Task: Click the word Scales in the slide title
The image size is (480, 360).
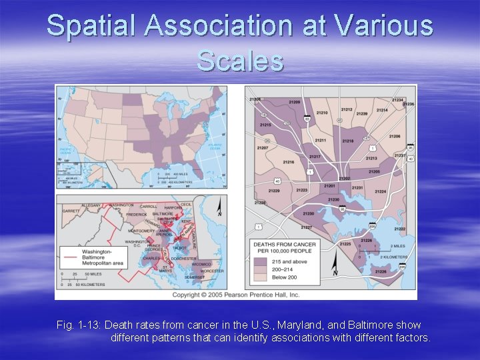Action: pyautogui.click(x=240, y=61)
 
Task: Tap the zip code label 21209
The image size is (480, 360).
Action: pyautogui.click(x=295, y=102)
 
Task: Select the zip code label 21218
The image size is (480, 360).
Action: pyautogui.click(x=348, y=141)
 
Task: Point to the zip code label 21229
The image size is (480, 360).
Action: pyautogui.click(x=274, y=191)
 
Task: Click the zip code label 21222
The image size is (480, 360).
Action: pyautogui.click(x=399, y=229)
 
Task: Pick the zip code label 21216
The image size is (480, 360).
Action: pyautogui.click(x=289, y=162)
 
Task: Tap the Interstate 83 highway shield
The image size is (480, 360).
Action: pyautogui.click(x=307, y=119)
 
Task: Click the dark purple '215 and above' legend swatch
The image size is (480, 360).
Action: pyautogui.click(x=262, y=262)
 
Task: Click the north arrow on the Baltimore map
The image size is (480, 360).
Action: pyautogui.click(x=335, y=270)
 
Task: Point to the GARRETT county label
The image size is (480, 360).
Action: pyautogui.click(x=71, y=211)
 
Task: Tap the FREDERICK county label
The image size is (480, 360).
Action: pyautogui.click(x=137, y=215)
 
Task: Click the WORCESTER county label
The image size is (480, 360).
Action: pyautogui.click(x=213, y=271)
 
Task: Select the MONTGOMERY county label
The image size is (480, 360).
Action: pyautogui.click(x=141, y=231)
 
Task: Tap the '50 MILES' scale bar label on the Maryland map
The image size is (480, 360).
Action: pyautogui.click(x=92, y=274)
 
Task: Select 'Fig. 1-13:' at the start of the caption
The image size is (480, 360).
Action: pyautogui.click(x=79, y=325)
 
